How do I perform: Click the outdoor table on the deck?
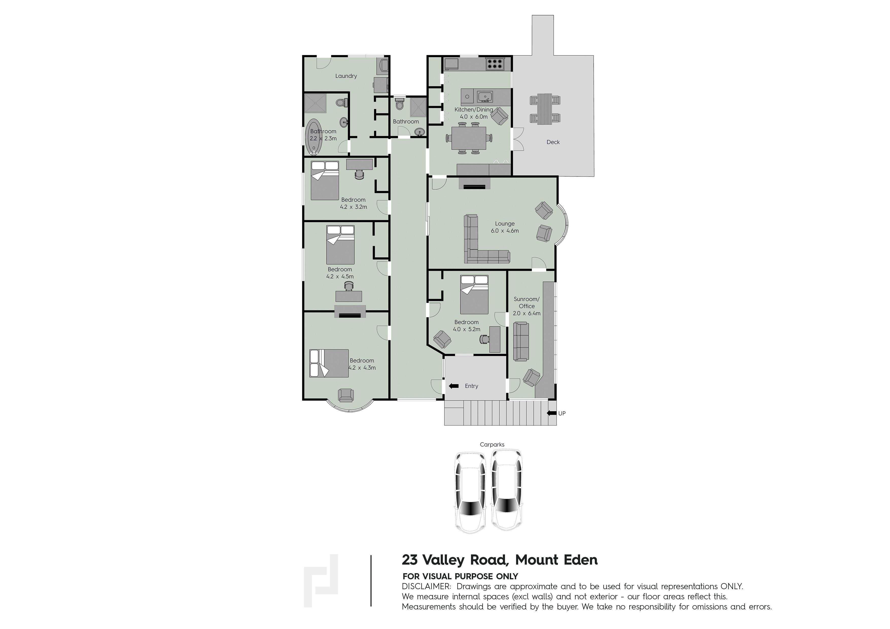pyautogui.click(x=545, y=109)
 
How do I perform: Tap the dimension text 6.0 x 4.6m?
pyautogui.click(x=505, y=231)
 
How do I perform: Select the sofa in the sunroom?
pyautogui.click(x=521, y=341)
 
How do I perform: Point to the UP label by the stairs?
pyautogui.click(x=562, y=413)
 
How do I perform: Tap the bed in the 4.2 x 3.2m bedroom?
pyautogui.click(x=325, y=181)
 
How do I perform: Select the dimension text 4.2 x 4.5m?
pyautogui.click(x=340, y=276)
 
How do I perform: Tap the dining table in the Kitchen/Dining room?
pyautogui.click(x=469, y=138)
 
